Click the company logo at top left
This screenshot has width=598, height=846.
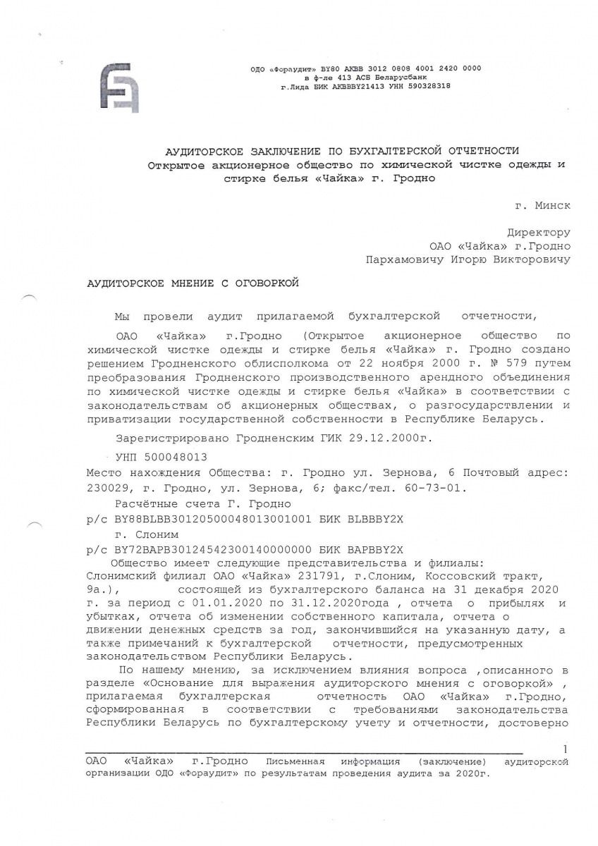(x=119, y=87)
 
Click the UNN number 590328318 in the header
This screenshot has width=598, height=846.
(x=425, y=86)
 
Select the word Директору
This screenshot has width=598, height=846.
(x=539, y=233)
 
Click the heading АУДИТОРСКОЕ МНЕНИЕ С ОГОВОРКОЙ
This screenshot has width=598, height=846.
(x=193, y=283)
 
